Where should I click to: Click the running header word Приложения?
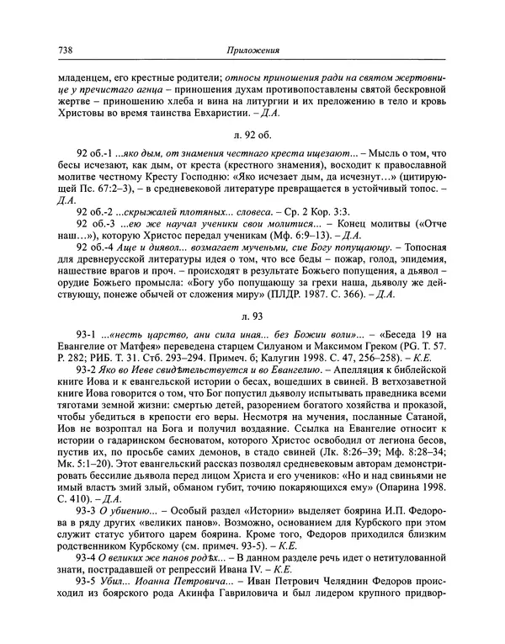tap(252, 50)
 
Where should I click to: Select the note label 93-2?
tap(88, 393)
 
